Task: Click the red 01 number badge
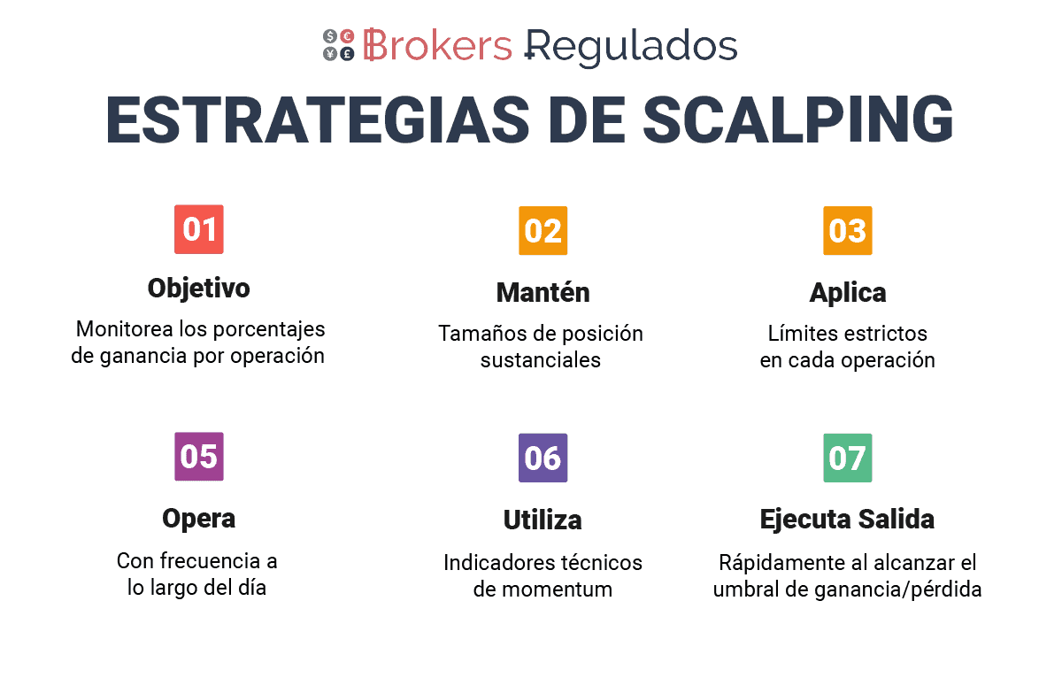point(198,229)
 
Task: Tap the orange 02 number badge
point(543,230)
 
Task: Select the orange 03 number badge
point(848,230)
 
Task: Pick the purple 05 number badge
point(198,456)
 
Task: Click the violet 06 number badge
point(543,458)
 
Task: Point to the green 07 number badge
point(848,458)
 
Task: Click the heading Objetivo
point(198,289)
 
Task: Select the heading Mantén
point(543,292)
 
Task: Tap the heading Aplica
point(848,293)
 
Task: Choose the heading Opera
point(198,519)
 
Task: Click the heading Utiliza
point(543,520)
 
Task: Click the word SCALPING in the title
point(797,119)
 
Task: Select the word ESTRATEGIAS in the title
point(317,119)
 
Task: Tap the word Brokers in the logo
point(437,45)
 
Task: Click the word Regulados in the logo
point(631,48)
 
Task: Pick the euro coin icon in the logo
point(348,36)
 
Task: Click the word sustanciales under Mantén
point(541,360)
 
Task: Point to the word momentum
point(557,589)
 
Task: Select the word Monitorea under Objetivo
point(125,329)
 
